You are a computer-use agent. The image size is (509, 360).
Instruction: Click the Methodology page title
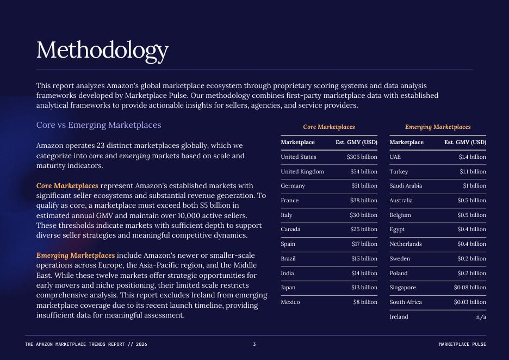point(102,51)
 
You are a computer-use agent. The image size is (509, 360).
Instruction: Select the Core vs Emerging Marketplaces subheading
point(98,125)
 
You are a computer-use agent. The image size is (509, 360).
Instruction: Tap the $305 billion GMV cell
point(362,157)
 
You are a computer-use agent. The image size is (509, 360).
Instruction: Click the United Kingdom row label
point(302,171)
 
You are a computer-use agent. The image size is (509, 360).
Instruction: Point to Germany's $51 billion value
point(364,186)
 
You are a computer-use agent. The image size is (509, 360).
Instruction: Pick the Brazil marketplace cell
point(288,258)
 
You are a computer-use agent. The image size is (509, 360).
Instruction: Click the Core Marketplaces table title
point(328,127)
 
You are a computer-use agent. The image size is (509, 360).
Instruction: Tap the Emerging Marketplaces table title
point(438,127)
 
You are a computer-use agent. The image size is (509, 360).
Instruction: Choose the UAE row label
point(395,157)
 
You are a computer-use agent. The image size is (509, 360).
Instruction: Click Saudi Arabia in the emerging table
point(406,186)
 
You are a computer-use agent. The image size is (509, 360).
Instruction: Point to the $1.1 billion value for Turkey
point(473,171)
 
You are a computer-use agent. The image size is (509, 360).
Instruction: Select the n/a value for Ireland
point(481,316)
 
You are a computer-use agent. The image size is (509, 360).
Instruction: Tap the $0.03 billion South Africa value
point(470,302)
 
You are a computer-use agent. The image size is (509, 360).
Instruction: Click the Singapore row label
point(402,287)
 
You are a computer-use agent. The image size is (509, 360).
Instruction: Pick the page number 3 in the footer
point(254,344)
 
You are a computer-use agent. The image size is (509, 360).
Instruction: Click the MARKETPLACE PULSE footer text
point(462,344)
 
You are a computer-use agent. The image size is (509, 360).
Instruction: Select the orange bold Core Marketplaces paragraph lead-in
point(67,186)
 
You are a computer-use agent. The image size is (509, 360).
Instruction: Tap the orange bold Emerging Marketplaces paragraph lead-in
point(76,255)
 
